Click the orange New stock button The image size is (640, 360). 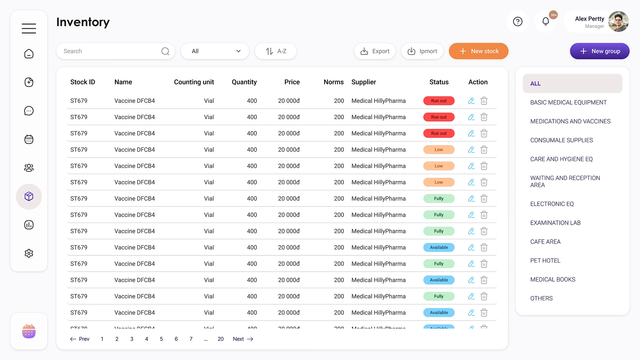point(478,51)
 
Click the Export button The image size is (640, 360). point(375,51)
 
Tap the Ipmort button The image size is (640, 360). point(422,51)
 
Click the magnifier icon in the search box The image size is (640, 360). point(165,51)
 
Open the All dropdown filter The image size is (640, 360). point(215,51)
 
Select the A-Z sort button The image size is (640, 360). point(276,51)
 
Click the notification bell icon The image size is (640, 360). point(546,22)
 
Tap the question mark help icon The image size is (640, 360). point(518,22)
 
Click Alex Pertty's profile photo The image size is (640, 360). point(618,22)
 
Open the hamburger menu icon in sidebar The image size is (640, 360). point(29,28)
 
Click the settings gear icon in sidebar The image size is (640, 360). point(29,253)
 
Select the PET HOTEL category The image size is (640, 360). point(545,261)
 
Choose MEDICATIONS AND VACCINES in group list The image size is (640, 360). point(570,121)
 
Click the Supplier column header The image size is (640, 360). point(364,82)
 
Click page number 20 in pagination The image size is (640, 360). point(220,339)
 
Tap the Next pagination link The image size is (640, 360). point(243,339)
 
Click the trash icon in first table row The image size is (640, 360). point(484,101)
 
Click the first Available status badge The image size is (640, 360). point(439,247)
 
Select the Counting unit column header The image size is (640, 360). point(194,82)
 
